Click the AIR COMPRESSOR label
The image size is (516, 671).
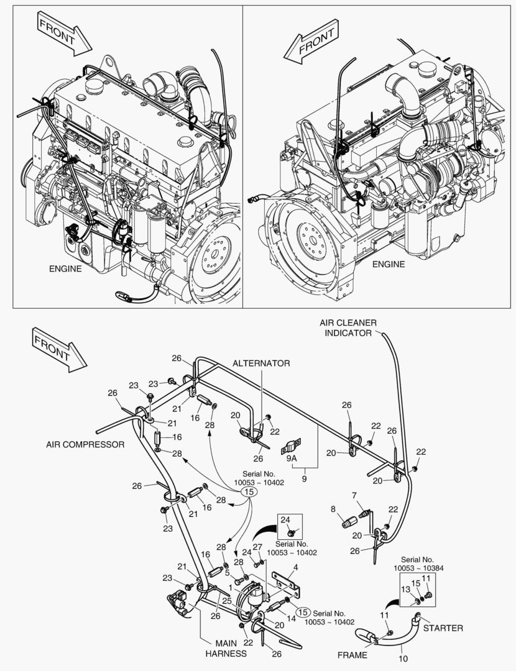85,444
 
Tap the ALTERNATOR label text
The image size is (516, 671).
261,363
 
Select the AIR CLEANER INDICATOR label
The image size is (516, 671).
348,328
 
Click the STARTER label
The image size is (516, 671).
443,628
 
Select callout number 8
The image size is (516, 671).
333,509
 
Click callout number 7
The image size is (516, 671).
354,495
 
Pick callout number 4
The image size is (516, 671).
296,567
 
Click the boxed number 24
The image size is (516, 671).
285,519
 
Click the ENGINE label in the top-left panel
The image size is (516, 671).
65,269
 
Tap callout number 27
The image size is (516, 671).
257,547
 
